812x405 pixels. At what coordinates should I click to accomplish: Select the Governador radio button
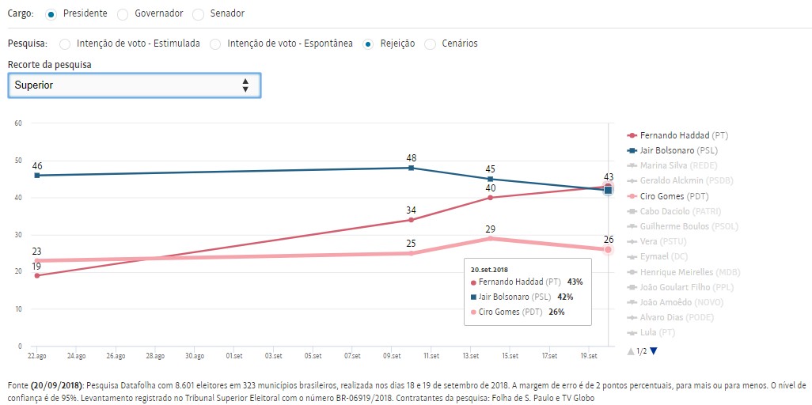pos(123,13)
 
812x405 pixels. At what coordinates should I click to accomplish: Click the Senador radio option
pos(198,13)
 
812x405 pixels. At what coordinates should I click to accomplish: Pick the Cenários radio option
pos(430,44)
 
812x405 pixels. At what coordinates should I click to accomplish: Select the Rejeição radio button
pos(368,44)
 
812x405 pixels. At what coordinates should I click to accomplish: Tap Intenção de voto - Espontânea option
pos(215,44)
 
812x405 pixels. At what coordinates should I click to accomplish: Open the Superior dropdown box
pos(134,85)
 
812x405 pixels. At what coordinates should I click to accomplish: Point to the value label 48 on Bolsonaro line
pos(411,158)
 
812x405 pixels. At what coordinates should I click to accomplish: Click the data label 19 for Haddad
pos(36,267)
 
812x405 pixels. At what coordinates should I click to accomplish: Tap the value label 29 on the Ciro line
pos(491,228)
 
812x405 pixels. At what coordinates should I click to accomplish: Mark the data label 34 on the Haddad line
pos(411,210)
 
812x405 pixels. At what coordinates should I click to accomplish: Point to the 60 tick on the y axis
pos(17,123)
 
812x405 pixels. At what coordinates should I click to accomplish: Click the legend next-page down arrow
pos(654,350)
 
